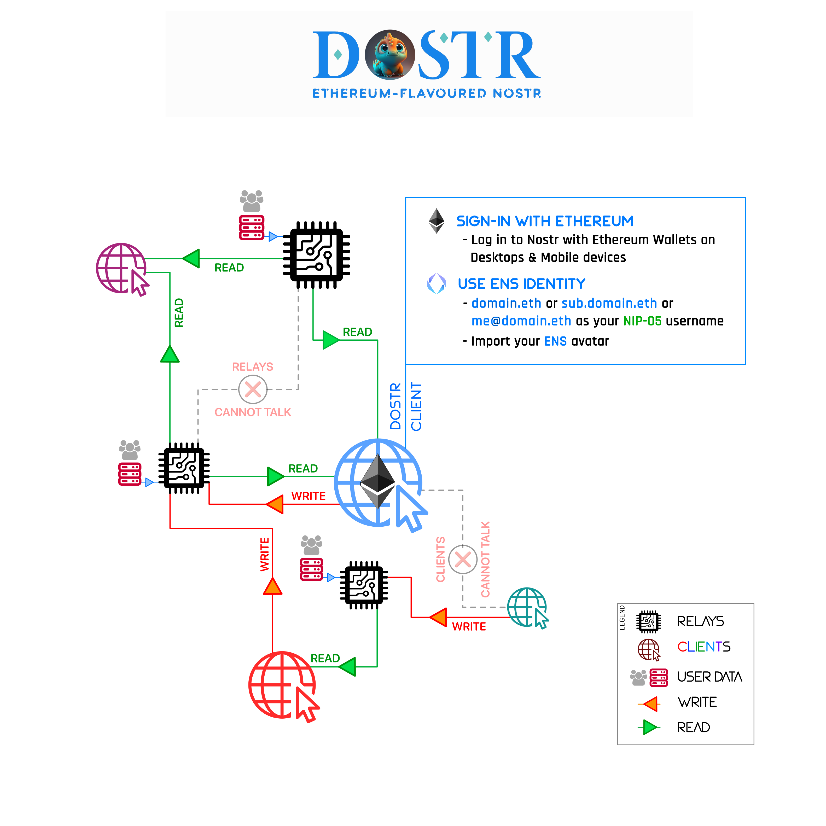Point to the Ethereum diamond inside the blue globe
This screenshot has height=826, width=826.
[378, 481]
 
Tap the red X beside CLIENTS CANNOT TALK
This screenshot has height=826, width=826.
[463, 559]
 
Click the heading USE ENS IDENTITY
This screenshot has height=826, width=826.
[521, 284]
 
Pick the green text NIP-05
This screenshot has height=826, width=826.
[642, 321]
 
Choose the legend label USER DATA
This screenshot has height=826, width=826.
[710, 677]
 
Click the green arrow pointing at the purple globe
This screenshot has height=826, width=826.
[191, 259]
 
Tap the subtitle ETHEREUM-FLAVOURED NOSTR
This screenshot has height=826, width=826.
[427, 93]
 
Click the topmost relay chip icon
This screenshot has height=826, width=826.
[316, 255]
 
